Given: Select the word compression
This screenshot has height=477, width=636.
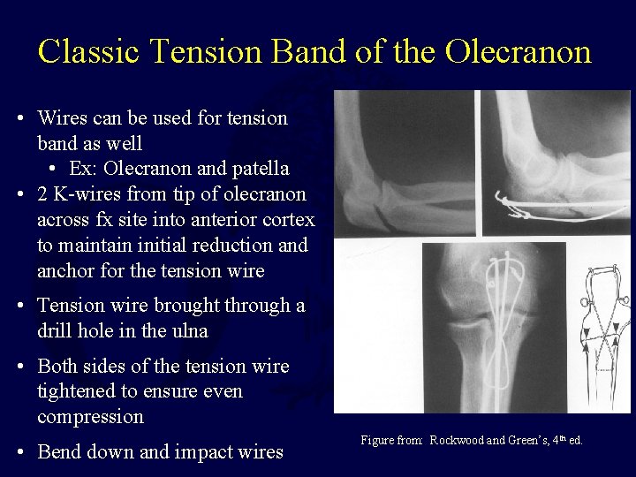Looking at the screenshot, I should (90, 415).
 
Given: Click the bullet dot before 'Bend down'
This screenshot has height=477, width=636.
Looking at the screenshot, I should (20, 453).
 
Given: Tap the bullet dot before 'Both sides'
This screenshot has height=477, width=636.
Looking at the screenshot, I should (20, 367).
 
